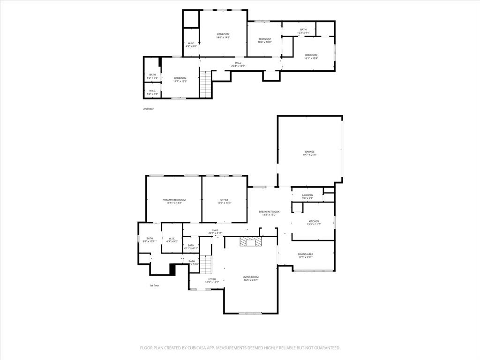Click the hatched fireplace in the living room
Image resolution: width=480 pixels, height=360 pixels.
tap(250, 242)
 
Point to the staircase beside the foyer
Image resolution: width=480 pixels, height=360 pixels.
tap(206, 265)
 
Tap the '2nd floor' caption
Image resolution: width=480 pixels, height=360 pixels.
tap(148, 109)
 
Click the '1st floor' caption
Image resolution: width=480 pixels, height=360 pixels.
tap(154, 285)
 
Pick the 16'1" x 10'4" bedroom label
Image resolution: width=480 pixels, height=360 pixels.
tap(311, 56)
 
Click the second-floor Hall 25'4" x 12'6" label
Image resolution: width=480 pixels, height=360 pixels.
tap(238, 64)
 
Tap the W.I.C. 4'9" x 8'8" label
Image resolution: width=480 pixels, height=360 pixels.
tap(191, 45)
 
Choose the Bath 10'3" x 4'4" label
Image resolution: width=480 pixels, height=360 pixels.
tap(303, 31)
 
